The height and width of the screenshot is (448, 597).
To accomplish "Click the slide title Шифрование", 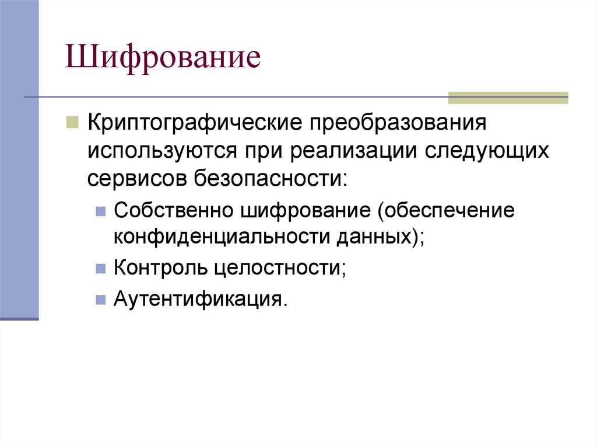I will (x=163, y=60).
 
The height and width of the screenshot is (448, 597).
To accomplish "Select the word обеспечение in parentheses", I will (x=448, y=210).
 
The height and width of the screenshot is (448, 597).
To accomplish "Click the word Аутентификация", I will (x=200, y=299).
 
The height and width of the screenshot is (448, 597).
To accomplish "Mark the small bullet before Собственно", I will (x=100, y=210).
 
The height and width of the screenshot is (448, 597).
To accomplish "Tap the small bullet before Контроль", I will (x=100, y=268).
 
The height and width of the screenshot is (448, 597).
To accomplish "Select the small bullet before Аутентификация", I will (x=100, y=299).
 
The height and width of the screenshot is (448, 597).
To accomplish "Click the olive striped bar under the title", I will (x=507, y=98).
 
